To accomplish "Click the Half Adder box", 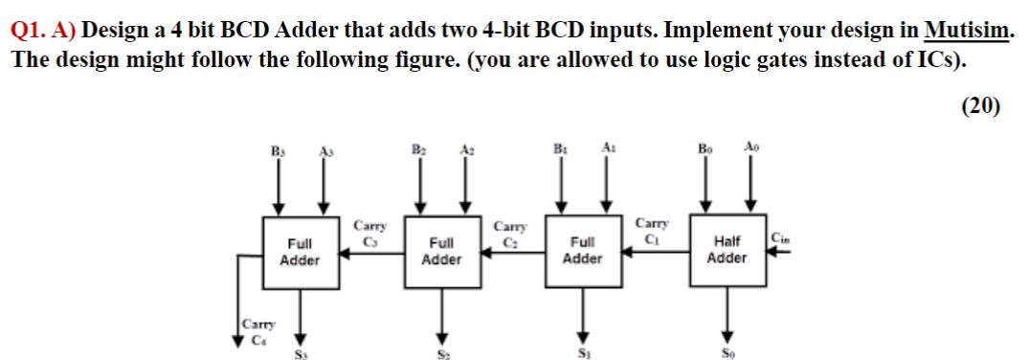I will point(727,251).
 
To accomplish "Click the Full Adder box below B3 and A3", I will point(299,252).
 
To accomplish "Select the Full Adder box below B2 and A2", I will point(442,252).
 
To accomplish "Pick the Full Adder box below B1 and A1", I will point(582,252).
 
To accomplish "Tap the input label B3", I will point(279,150).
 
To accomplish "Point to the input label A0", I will point(749,149).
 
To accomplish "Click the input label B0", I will point(705,150).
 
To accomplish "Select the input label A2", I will point(466,150).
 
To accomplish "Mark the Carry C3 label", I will point(369,233).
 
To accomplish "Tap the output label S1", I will point(583,352).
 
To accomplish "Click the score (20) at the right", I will point(980,105).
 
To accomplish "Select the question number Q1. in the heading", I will point(29,31).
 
